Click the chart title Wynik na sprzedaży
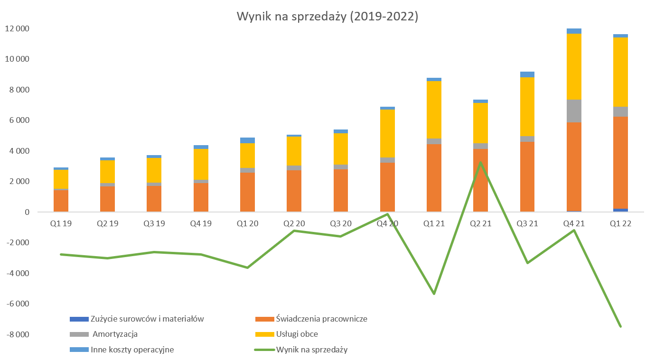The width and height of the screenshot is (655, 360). click(327, 17)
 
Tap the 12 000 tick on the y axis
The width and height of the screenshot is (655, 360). click(17, 28)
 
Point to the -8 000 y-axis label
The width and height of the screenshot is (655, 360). click(17, 334)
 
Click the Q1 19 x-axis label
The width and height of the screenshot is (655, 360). click(61, 223)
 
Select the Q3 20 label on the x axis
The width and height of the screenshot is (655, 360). click(341, 223)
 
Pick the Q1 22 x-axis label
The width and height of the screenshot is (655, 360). click(620, 223)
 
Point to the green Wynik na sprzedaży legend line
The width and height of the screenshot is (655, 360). click(265, 350)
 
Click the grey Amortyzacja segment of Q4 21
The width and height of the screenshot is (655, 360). click(574, 111)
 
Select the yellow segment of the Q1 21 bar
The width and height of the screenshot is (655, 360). click(434, 110)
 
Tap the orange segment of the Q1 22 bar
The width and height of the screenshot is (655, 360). click(620, 163)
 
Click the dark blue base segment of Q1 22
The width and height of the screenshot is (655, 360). click(620, 210)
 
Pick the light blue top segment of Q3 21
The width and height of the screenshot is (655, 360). click(527, 74)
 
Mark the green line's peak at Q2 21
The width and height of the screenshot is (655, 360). click(480, 163)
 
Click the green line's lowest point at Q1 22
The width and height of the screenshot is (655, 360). click(620, 326)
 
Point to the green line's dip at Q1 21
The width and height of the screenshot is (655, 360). click(434, 294)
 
